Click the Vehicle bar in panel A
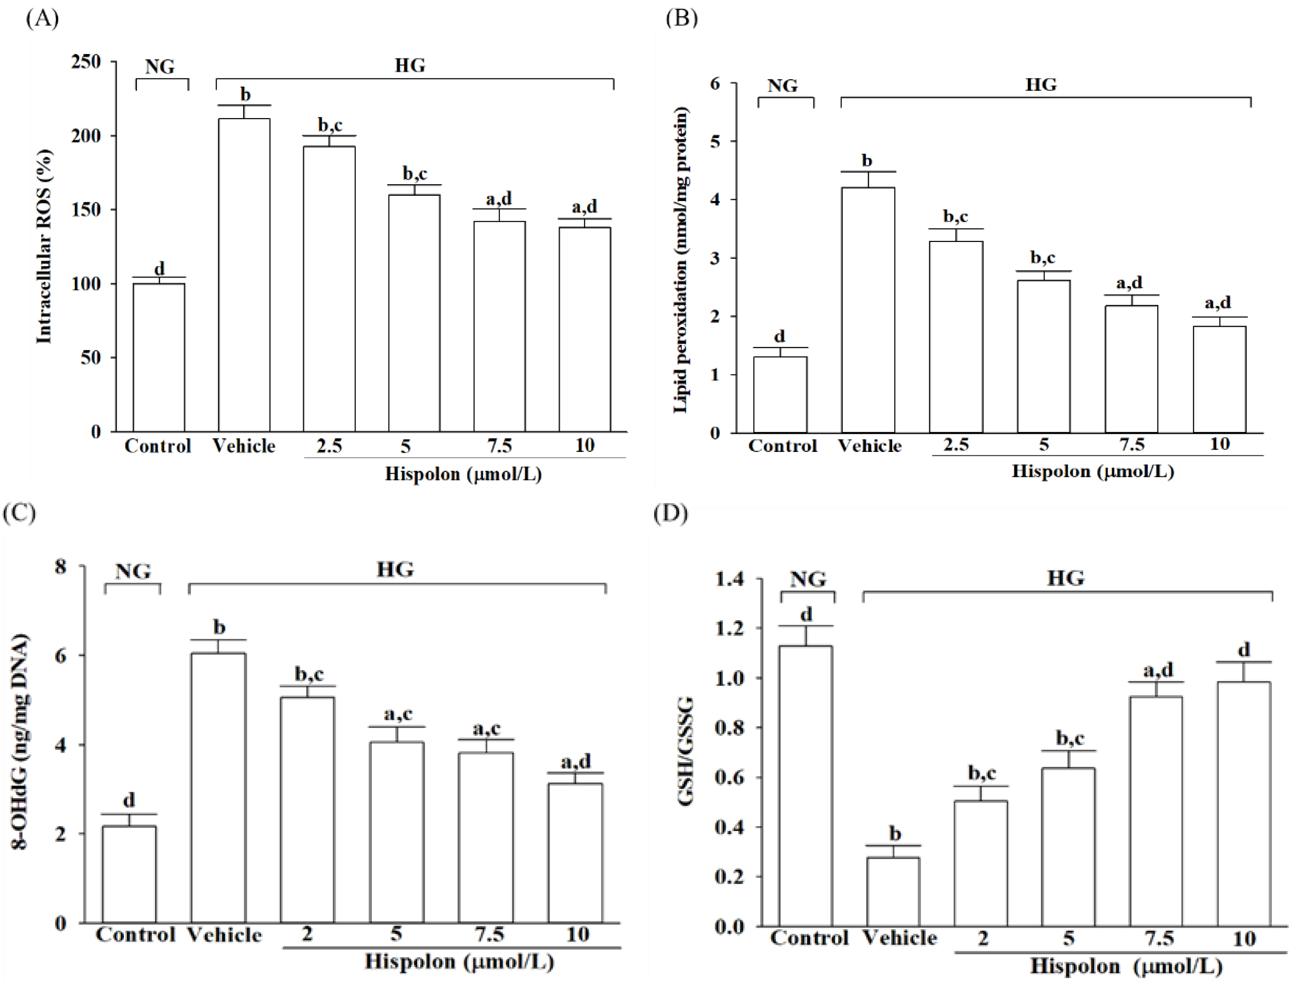pyautogui.click(x=244, y=275)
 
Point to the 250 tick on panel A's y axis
pyautogui.click(x=86, y=61)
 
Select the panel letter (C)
pyautogui.click(x=19, y=512)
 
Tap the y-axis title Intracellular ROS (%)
pyautogui.click(x=44, y=246)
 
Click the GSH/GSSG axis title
pyautogui.click(x=686, y=752)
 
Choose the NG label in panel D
pyautogui.click(x=808, y=580)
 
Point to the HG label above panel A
pyautogui.click(x=410, y=65)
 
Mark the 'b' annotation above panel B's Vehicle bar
pyautogui.click(x=868, y=160)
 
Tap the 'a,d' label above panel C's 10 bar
pyautogui.click(x=576, y=762)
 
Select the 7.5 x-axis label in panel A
pyautogui.click(x=499, y=446)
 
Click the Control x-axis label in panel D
pyautogui.click(x=809, y=938)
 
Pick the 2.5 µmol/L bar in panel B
pyautogui.click(x=956, y=337)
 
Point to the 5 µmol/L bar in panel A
pyautogui.click(x=414, y=313)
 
